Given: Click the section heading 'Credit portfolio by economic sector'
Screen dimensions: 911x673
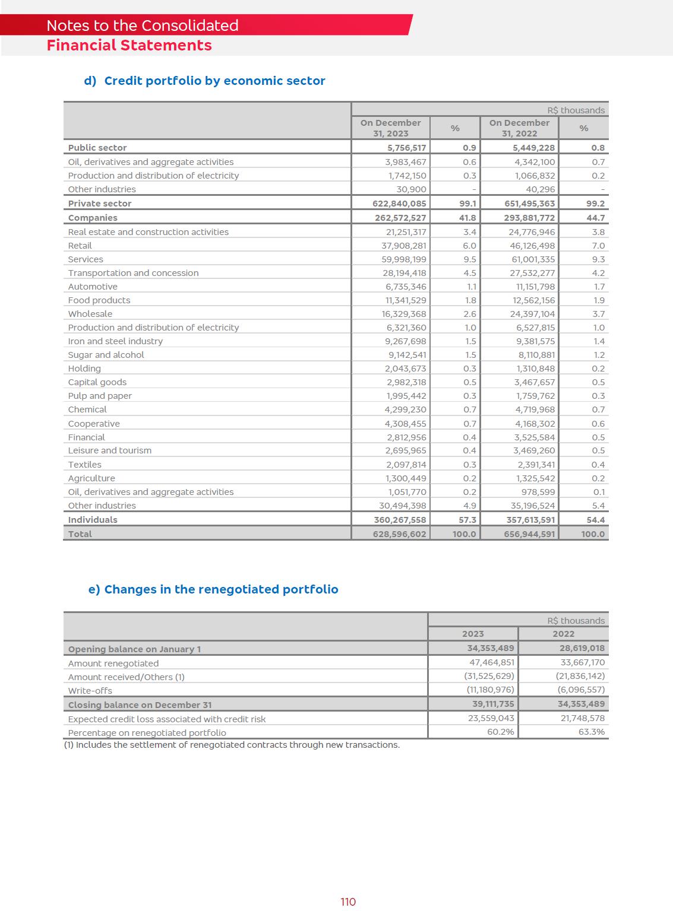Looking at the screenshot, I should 214,81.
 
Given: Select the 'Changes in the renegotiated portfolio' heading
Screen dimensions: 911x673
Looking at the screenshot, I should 221,589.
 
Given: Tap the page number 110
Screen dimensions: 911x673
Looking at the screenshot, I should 348,902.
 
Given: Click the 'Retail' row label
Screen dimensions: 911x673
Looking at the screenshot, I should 80,246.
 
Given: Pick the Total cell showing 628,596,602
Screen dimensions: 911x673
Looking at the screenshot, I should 399,534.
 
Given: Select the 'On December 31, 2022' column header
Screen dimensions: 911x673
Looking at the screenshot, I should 519,128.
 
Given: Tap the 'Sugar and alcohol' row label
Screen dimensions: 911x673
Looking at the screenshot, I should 106,355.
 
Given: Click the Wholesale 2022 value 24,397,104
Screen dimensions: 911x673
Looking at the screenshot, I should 532,314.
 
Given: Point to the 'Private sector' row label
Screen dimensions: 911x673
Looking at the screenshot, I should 100,204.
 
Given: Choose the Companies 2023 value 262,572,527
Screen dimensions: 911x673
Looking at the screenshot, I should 400,218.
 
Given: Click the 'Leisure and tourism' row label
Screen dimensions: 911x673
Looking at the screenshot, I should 110,450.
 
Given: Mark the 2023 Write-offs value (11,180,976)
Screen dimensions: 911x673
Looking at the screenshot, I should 490,690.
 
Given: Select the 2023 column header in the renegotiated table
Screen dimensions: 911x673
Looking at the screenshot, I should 473,634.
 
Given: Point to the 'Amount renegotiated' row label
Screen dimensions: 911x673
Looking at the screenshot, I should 113,664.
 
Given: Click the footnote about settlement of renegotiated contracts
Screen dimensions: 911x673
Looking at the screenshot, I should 232,745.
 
